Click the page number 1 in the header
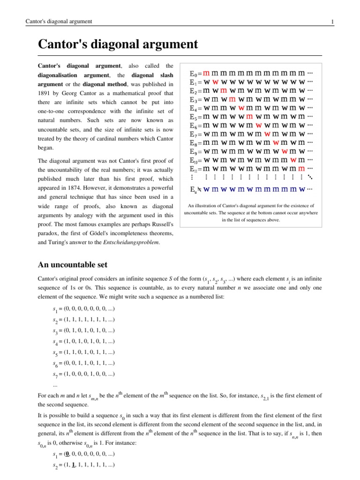click(332, 22)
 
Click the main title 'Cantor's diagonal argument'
click(118, 45)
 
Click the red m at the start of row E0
click(206, 74)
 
